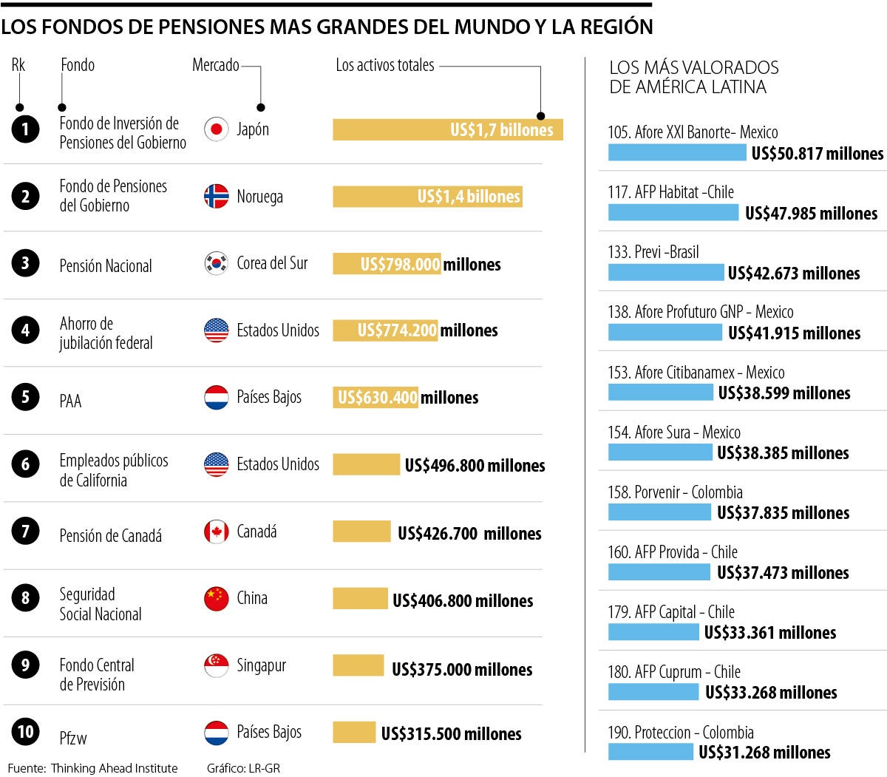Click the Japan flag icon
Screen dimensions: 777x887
216,129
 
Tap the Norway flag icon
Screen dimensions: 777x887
216,196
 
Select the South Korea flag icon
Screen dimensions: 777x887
216,263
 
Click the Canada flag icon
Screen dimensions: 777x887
216,532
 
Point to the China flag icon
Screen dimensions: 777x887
216,598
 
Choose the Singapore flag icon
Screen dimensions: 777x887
216,665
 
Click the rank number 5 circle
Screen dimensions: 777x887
25,397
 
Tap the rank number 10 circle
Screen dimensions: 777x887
25,732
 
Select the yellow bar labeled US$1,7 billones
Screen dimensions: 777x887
447,129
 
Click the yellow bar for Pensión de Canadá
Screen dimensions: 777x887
361,532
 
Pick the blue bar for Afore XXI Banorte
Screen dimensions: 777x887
676,152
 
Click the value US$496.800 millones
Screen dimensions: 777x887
475,466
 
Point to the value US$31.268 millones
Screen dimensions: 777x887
764,753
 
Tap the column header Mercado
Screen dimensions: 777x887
215,65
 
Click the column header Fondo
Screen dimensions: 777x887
78,65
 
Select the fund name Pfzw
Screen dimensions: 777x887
73,738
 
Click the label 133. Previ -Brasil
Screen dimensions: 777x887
653,252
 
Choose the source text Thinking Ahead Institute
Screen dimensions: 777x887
114,768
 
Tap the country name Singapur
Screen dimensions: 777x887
261,665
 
